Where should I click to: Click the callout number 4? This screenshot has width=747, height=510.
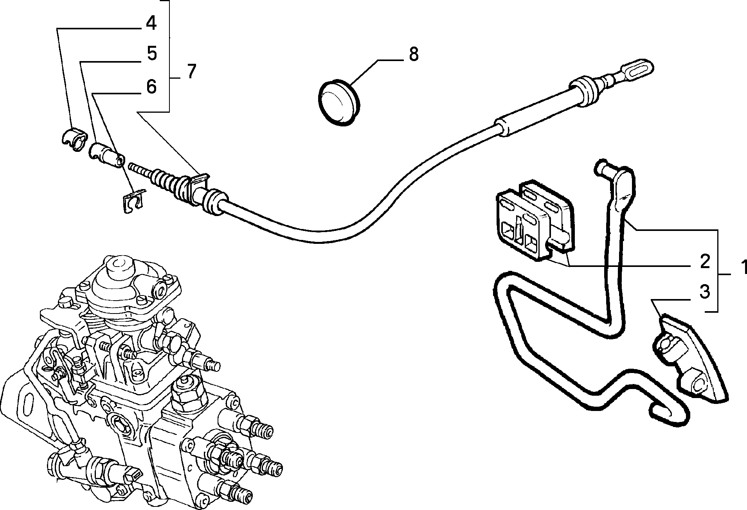[151, 23]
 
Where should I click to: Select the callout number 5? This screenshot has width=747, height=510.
[151, 54]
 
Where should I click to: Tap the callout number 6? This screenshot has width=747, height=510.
[151, 86]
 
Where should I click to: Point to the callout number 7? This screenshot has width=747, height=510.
[190, 71]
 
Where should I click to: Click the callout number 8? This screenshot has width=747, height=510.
[414, 54]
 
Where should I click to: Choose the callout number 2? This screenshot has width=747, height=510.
[705, 261]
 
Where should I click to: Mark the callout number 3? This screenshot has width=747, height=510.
[704, 292]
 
